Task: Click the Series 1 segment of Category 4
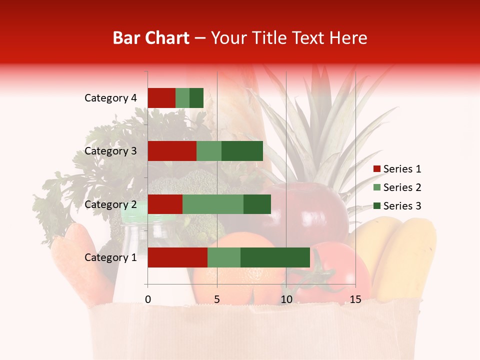click(x=161, y=98)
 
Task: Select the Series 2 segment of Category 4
click(x=182, y=98)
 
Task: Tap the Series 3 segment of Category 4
click(x=196, y=98)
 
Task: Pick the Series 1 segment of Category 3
click(x=172, y=151)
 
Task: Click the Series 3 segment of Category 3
click(x=242, y=151)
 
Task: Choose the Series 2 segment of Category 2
click(x=213, y=204)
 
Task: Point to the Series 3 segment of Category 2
click(x=257, y=204)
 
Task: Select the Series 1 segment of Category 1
click(x=177, y=257)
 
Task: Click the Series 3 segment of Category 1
click(x=275, y=257)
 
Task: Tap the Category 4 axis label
click(x=110, y=98)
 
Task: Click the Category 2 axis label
click(x=110, y=204)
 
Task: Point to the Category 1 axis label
click(x=110, y=257)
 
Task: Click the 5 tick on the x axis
click(x=217, y=299)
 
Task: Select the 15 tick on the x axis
click(x=355, y=299)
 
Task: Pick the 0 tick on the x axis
click(x=148, y=299)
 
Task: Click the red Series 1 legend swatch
click(x=376, y=169)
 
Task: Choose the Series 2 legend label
click(x=402, y=187)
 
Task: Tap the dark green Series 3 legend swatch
click(x=376, y=206)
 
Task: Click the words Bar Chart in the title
click(x=150, y=37)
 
